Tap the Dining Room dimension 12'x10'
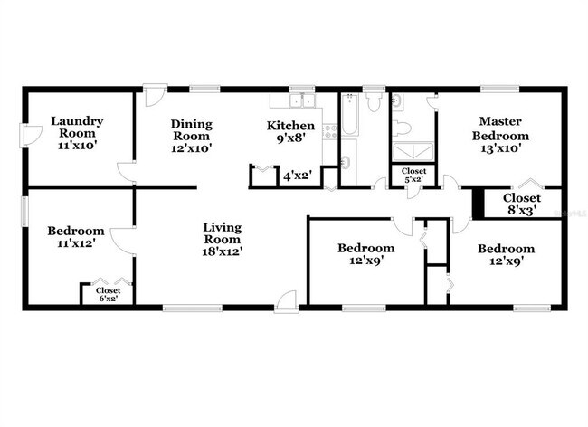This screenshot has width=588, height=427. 192,149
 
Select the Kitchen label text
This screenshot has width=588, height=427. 290,125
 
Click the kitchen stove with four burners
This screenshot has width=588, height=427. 330,133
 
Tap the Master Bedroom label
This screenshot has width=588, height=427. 504,135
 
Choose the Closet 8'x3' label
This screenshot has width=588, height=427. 522,204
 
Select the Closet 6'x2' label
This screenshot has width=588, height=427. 108,294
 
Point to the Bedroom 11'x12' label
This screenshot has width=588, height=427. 75,237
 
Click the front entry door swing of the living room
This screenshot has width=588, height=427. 288,299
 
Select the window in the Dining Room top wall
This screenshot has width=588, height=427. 204,88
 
